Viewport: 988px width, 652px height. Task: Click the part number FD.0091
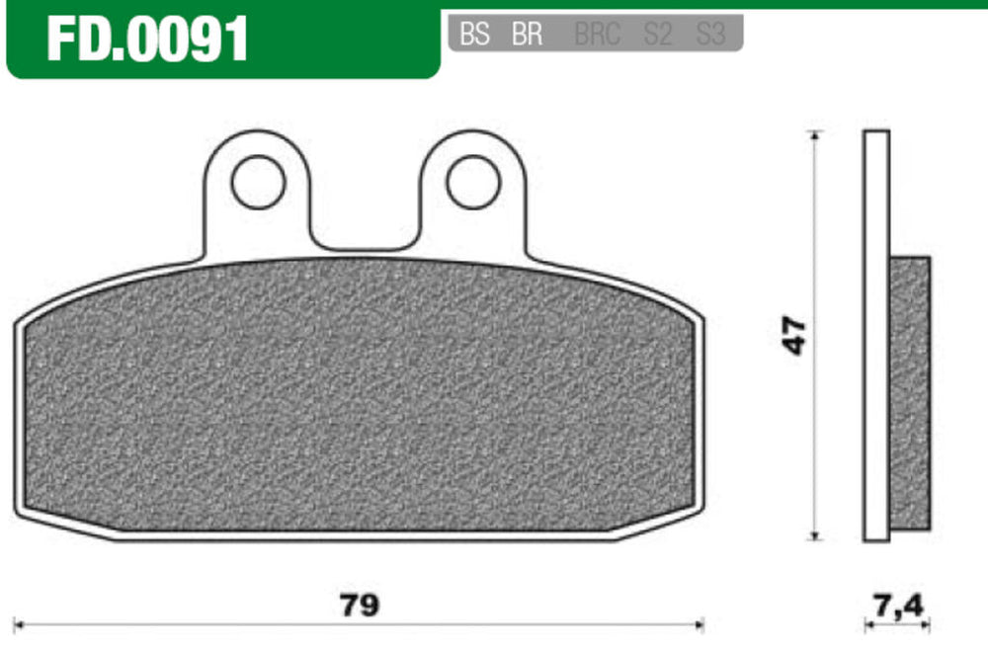pyautogui.click(x=147, y=40)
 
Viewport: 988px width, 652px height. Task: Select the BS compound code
pyautogui.click(x=474, y=34)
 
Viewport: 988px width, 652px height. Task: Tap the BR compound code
pyautogui.click(x=527, y=34)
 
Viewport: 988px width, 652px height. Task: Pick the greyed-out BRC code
pyautogui.click(x=598, y=34)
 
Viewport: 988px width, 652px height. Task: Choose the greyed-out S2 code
pyautogui.click(x=657, y=34)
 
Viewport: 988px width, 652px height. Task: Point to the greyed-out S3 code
pyautogui.click(x=710, y=34)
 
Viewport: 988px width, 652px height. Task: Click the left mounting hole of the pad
pyautogui.click(x=258, y=183)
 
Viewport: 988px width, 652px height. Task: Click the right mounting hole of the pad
pyautogui.click(x=473, y=183)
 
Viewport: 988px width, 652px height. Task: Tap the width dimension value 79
pyautogui.click(x=360, y=606)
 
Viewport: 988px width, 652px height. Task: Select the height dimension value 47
pyautogui.click(x=794, y=336)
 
